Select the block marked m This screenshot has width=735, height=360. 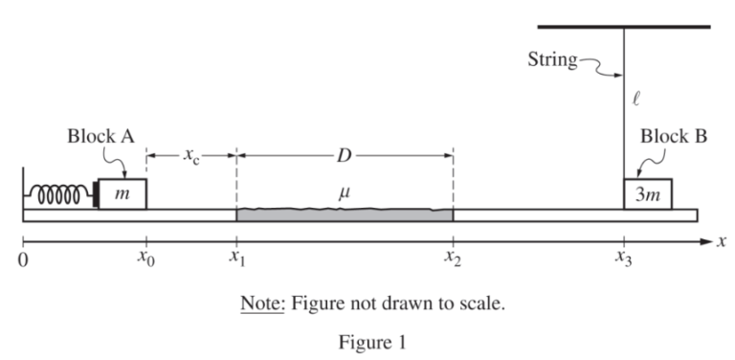pyautogui.click(x=121, y=194)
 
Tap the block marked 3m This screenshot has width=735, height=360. pyautogui.click(x=648, y=194)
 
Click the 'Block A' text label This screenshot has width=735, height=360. pyautogui.click(x=100, y=137)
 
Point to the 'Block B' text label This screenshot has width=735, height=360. pyautogui.click(x=674, y=137)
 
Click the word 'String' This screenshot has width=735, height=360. pyautogui.click(x=552, y=60)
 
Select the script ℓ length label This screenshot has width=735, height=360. pyautogui.click(x=637, y=96)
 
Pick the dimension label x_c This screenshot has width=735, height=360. pyautogui.click(x=190, y=156)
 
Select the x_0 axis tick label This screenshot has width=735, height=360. pyautogui.click(x=145, y=259)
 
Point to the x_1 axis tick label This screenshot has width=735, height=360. pyautogui.click(x=236, y=259)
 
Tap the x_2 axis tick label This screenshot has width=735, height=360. pyautogui.click(x=453, y=259)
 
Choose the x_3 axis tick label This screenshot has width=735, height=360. pyautogui.click(x=624, y=259)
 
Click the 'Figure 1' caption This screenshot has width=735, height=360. pyautogui.click(x=367, y=342)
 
